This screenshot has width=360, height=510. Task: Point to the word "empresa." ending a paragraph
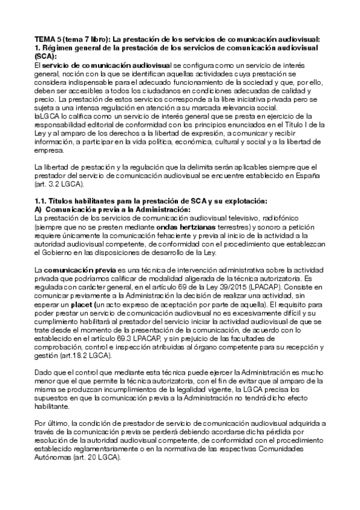[50, 152]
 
